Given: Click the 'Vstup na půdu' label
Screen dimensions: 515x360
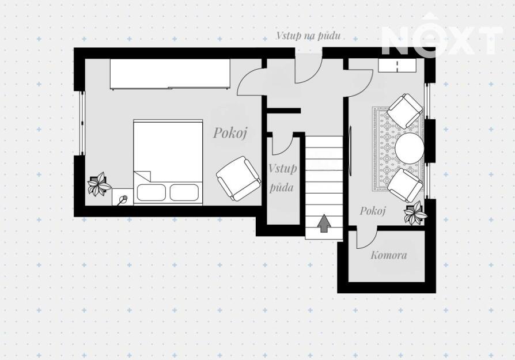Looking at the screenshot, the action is (308, 36).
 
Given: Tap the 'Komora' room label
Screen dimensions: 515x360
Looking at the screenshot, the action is (388, 255).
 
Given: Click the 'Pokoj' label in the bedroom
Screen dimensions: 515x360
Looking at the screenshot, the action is (230, 132).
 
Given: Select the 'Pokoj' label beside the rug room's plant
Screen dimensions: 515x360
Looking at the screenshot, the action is (373, 211).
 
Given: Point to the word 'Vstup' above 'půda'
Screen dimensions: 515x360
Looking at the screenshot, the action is (282, 169).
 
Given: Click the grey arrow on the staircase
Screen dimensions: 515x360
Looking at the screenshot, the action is (324, 223).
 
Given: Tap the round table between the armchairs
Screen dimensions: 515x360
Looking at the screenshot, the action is (409, 147).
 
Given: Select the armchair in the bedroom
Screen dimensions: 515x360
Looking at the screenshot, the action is (238, 179).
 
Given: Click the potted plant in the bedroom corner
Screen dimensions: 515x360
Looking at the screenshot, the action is (99, 184).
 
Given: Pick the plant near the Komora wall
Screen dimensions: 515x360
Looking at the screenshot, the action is (415, 213).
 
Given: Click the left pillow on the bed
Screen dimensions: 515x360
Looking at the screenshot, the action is (152, 192).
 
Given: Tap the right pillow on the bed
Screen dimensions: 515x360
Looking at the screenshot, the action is (184, 192).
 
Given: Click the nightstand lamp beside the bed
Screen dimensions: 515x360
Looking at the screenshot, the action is (123, 199).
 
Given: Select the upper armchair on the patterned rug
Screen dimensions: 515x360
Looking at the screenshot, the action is (404, 111).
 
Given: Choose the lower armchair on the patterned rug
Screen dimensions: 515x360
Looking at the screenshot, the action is (405, 185).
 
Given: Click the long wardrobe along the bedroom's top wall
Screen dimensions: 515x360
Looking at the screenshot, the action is (170, 74).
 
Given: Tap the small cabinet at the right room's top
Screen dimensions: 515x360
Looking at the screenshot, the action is (397, 65).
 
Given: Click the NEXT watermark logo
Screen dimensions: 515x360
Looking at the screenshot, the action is (442, 35).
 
